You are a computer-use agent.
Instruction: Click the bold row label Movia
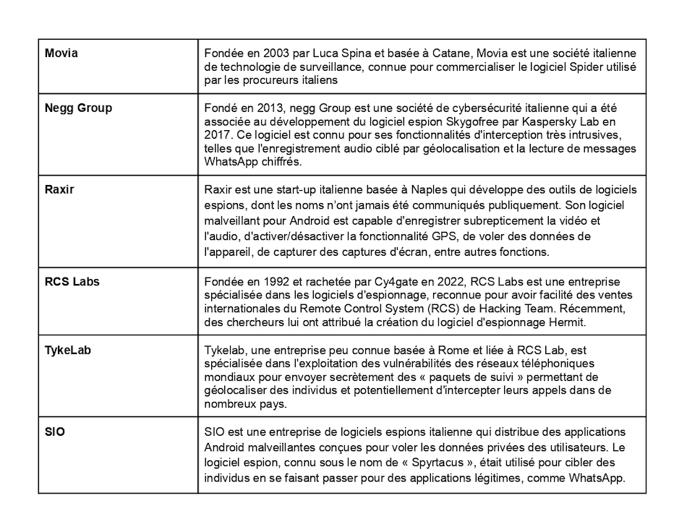[61, 53]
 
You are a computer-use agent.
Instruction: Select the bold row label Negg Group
[78, 108]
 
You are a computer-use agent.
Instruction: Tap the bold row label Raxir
[59, 189]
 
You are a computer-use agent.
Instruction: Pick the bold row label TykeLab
[68, 351]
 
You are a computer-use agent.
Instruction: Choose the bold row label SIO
[55, 432]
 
